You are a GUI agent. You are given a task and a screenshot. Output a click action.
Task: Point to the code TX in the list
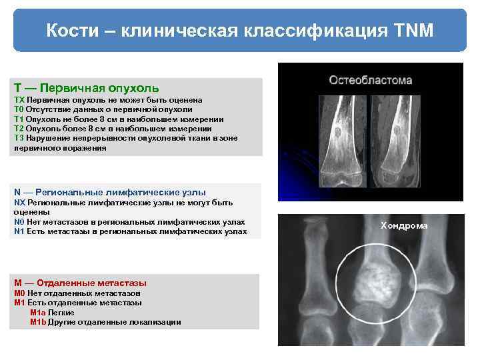19,99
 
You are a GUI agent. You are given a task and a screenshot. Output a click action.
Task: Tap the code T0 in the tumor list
19,109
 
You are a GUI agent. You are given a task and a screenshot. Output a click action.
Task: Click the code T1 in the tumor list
19,119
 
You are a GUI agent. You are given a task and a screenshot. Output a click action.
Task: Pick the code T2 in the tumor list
19,129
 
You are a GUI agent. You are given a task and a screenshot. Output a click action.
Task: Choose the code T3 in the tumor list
19,138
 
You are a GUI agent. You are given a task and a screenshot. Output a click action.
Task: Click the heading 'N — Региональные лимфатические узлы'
110,192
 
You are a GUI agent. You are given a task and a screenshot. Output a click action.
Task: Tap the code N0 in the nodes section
19,221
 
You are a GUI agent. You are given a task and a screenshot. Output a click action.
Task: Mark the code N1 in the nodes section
19,231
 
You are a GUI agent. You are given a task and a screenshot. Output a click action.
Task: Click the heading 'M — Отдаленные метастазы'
81,283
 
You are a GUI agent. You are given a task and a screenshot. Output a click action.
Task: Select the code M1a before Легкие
38,312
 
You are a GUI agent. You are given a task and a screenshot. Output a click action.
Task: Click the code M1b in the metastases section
38,321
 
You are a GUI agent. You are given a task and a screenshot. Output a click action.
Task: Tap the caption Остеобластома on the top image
371,80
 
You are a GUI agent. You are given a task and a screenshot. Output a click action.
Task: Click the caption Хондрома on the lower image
404,226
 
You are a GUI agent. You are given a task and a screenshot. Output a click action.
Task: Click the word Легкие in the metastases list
61,312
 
